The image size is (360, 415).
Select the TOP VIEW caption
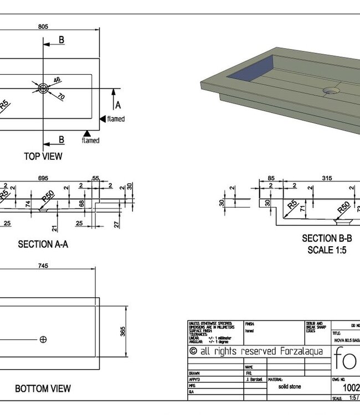(43, 156)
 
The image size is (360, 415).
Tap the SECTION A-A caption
(43, 244)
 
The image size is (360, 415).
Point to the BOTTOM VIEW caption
(43, 389)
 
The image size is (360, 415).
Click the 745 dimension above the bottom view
(43, 266)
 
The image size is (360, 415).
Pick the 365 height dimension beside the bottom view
(123, 331)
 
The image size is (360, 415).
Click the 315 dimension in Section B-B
(327, 178)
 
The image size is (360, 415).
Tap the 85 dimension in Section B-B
(271, 178)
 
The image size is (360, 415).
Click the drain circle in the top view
(43, 87)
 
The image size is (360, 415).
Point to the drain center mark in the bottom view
(43, 339)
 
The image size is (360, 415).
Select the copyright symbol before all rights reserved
(193, 351)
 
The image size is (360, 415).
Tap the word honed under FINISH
(250, 330)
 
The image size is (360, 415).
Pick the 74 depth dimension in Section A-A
(28, 204)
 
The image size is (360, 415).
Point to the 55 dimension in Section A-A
(96, 178)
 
